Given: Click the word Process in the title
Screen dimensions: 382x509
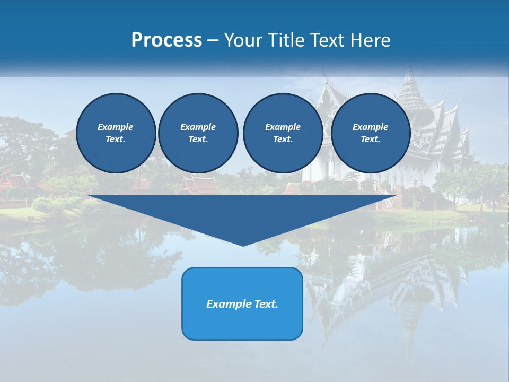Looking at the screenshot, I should (x=166, y=40).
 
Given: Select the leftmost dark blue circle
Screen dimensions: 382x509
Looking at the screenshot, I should (x=116, y=133).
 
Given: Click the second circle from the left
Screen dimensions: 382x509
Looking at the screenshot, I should (x=198, y=133).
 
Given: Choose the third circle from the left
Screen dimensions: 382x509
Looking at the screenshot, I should (x=283, y=133).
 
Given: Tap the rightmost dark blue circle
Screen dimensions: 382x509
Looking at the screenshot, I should (x=370, y=133).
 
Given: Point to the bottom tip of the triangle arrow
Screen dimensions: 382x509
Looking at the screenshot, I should (x=243, y=245).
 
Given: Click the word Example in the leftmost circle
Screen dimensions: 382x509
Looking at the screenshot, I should (x=116, y=127).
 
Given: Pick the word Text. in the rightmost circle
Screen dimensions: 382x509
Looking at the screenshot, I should (x=370, y=140).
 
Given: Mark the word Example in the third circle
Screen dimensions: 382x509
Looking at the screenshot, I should (x=283, y=127).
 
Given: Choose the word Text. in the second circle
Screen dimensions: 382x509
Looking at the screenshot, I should (x=198, y=140).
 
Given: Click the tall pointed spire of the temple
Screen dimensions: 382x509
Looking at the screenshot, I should (x=408, y=80).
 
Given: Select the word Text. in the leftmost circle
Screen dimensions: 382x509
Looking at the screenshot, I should (x=116, y=140).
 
